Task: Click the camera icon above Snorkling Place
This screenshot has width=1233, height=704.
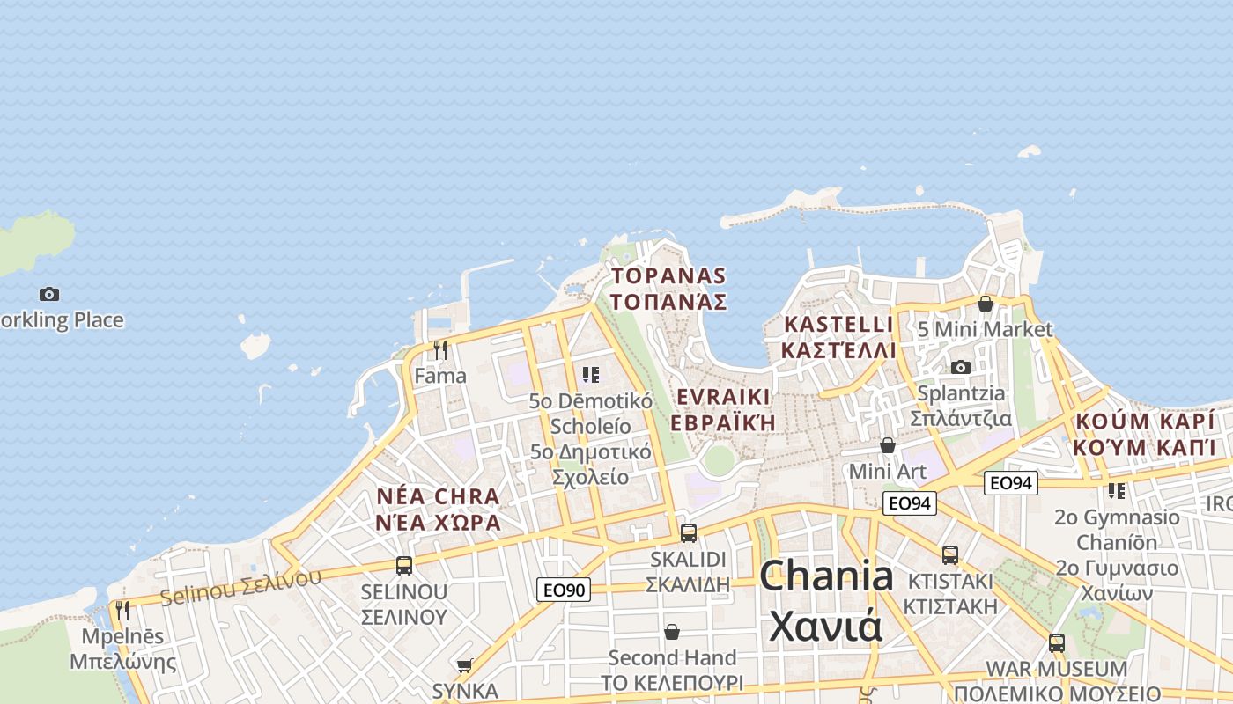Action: tap(49, 294)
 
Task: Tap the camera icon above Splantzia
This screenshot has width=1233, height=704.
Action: tap(960, 367)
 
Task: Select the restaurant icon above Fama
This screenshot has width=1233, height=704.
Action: tap(440, 350)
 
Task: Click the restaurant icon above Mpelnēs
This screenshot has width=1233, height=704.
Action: tap(122, 610)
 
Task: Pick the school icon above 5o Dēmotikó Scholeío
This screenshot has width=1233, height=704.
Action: tap(590, 375)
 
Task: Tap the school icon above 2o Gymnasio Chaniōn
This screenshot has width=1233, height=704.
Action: tap(1116, 490)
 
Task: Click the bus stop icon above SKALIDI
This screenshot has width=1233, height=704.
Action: tap(689, 532)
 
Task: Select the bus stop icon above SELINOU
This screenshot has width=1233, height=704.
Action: tap(404, 565)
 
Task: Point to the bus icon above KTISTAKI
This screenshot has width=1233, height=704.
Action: tap(949, 554)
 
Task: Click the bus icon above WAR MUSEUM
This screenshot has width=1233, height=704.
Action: tap(1056, 642)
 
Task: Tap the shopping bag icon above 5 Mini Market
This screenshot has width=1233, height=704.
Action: tap(986, 304)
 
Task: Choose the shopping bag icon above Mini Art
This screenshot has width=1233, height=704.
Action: tap(888, 445)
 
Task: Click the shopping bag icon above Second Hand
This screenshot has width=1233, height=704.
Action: tap(672, 632)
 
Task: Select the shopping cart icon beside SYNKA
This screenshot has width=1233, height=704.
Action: tap(464, 665)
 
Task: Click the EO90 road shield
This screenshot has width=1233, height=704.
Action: tap(564, 590)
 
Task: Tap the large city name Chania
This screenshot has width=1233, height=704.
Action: tap(826, 577)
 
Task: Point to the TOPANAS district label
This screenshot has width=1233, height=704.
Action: tap(669, 276)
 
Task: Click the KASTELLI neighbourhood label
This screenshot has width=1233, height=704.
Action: tap(838, 325)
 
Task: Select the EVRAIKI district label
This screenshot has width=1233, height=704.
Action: tap(723, 396)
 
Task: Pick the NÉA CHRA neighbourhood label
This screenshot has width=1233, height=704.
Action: tap(438, 496)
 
